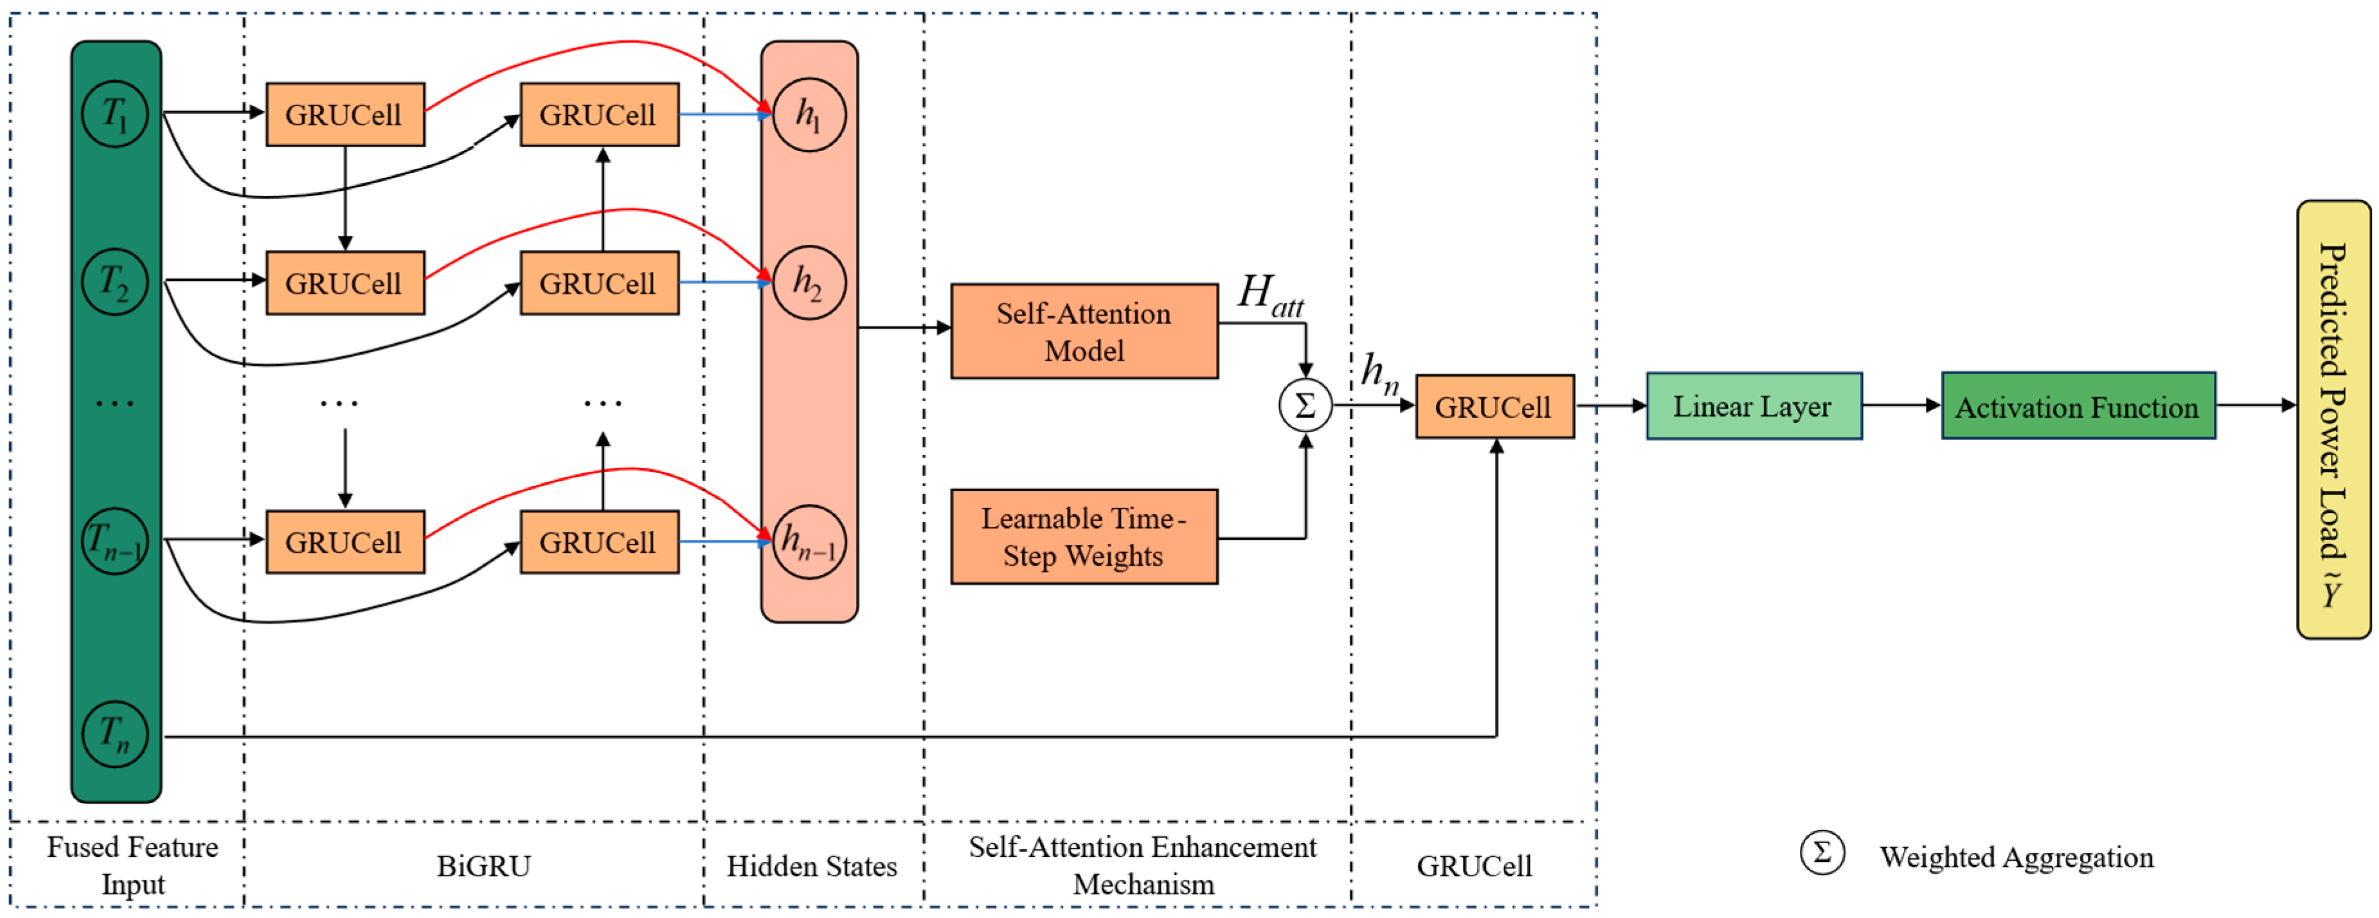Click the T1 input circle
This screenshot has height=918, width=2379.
(x=114, y=114)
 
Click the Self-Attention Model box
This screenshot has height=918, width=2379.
(x=1084, y=332)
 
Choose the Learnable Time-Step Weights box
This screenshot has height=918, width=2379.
(x=1084, y=537)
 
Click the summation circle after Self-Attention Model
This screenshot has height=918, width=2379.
(x=1305, y=406)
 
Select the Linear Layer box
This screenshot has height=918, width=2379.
(x=1754, y=406)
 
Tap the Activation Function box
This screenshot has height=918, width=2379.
(x=2078, y=406)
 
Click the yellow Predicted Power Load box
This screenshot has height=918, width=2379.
(x=2333, y=420)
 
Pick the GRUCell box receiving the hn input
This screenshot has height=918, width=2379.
(x=1495, y=406)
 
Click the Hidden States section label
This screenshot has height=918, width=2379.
(x=812, y=867)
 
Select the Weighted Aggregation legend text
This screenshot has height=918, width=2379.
(x=2016, y=857)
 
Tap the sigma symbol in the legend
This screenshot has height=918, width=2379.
(x=1821, y=852)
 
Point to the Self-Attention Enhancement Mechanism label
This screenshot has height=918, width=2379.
(x=1142, y=865)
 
